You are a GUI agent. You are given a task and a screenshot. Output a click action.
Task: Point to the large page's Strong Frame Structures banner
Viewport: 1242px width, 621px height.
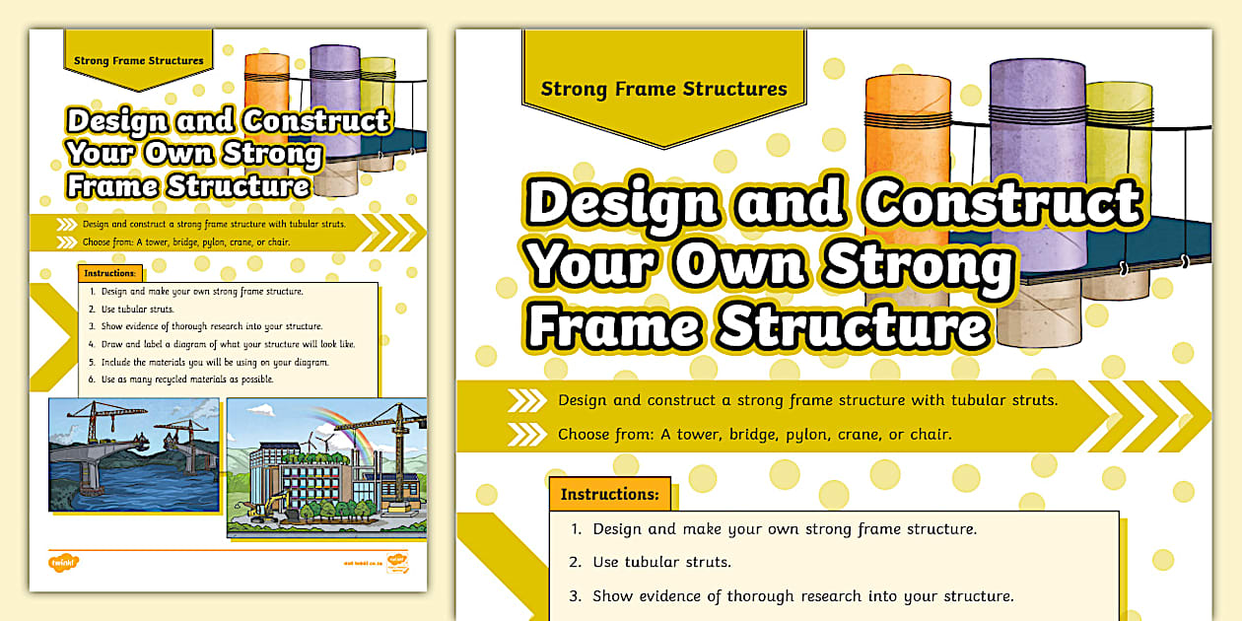tap(663, 90)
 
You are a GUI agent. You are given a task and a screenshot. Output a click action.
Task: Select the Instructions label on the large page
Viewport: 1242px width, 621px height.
tap(609, 494)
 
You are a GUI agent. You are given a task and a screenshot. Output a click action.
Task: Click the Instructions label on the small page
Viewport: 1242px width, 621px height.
tap(109, 273)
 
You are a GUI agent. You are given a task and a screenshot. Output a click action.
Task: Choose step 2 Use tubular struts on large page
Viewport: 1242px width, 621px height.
tap(661, 563)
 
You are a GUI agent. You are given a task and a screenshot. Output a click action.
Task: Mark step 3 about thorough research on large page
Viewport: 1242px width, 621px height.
tap(802, 596)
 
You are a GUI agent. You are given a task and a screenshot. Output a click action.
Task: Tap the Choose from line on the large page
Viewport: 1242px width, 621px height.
tap(754, 434)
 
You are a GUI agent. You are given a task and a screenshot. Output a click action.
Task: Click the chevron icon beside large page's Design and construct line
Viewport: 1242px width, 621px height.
tap(526, 400)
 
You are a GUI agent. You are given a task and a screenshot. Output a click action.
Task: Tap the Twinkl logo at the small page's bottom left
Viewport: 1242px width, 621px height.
tap(63, 563)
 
